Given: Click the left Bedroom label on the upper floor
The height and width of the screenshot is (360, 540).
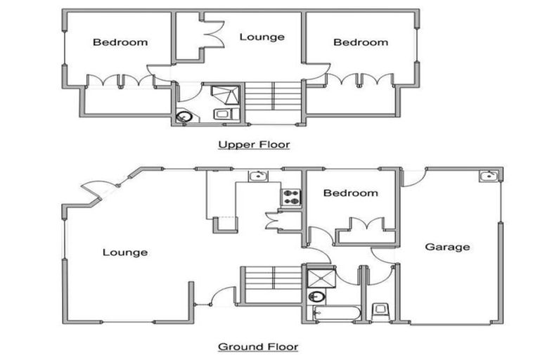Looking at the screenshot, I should [x=120, y=42].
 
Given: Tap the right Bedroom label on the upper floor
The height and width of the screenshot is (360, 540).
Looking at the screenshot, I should [x=361, y=42].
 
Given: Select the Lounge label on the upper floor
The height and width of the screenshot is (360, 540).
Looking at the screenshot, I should [x=262, y=37].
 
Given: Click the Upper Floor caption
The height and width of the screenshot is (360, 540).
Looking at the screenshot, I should [x=254, y=145].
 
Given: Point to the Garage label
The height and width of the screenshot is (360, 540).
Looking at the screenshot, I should [x=447, y=247].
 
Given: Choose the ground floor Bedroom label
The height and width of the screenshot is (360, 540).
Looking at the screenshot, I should [x=349, y=193].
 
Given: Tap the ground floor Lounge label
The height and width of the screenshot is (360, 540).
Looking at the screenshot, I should [x=125, y=252].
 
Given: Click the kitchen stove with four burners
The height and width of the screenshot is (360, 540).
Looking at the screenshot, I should [x=291, y=198].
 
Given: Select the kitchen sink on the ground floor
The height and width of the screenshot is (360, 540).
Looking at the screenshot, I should [x=259, y=176].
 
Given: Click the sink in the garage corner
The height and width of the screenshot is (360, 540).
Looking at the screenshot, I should [x=489, y=176].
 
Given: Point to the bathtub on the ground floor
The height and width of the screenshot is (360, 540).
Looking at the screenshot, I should [x=334, y=312].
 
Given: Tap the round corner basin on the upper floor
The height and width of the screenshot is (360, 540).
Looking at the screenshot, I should [x=185, y=117].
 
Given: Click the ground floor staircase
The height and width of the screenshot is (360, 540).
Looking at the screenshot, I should [x=271, y=284].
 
